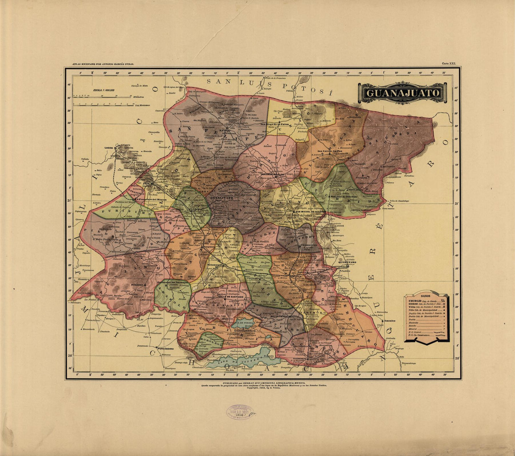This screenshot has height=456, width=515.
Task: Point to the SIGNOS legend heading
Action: click(x=426, y=296)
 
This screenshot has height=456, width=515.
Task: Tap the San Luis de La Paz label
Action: click(x=330, y=151)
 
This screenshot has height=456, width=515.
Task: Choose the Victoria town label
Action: click(x=363, y=177)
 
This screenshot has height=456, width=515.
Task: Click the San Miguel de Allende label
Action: click(x=307, y=213)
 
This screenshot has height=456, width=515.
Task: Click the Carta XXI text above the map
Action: click(x=449, y=63)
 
